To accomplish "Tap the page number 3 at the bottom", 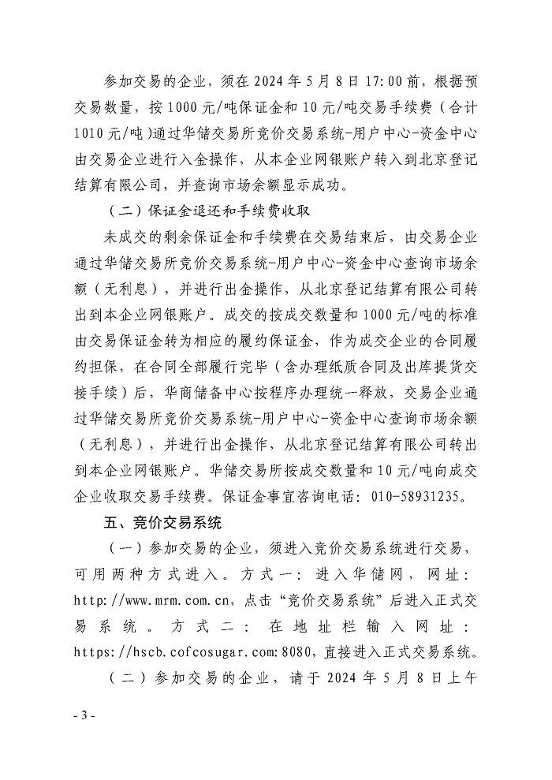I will (84, 715).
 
